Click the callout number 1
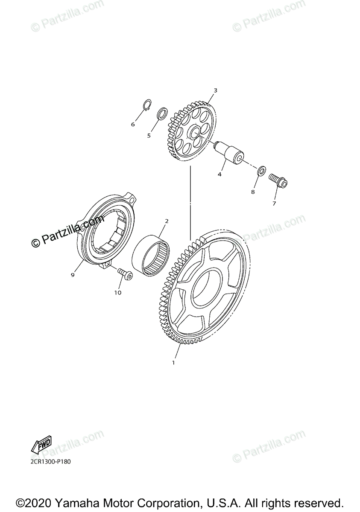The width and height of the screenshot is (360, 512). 173,363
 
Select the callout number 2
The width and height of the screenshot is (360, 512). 167,221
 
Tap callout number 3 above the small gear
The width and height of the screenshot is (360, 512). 215,90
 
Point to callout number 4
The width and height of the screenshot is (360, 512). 220,174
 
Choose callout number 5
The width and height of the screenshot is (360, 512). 149,136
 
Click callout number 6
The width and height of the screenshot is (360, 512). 133,124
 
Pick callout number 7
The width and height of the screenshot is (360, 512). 274,204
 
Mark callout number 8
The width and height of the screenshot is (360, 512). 253,192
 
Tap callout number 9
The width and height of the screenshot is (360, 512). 73,275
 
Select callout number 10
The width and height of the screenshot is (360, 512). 117,292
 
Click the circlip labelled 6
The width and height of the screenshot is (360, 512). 146,105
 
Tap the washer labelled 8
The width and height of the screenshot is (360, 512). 262,172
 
